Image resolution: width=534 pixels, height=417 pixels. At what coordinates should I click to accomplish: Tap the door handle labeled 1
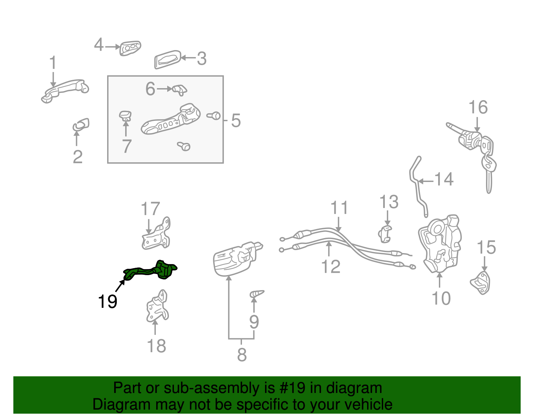click(65, 91)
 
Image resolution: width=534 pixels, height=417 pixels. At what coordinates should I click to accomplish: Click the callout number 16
click(478, 107)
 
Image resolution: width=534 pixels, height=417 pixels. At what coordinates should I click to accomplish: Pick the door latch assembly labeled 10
click(440, 244)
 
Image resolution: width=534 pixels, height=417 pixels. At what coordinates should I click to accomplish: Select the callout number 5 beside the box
click(236, 121)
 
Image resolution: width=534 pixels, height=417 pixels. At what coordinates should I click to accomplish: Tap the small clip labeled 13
click(384, 234)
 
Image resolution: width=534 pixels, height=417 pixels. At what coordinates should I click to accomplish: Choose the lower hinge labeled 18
click(157, 306)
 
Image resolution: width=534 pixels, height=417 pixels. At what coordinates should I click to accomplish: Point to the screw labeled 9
click(257, 293)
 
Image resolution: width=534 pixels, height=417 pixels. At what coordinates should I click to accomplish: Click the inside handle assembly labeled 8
click(237, 259)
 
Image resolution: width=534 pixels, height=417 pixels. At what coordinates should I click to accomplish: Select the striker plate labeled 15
click(480, 283)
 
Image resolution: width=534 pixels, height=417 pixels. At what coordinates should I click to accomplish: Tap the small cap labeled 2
click(81, 125)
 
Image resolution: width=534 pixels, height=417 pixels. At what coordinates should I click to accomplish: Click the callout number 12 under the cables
click(331, 266)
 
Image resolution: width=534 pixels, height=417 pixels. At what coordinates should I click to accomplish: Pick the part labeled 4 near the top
click(130, 48)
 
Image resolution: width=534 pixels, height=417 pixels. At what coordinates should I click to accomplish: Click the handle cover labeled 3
click(168, 59)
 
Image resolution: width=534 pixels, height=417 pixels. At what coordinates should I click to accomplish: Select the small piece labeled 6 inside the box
click(180, 90)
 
